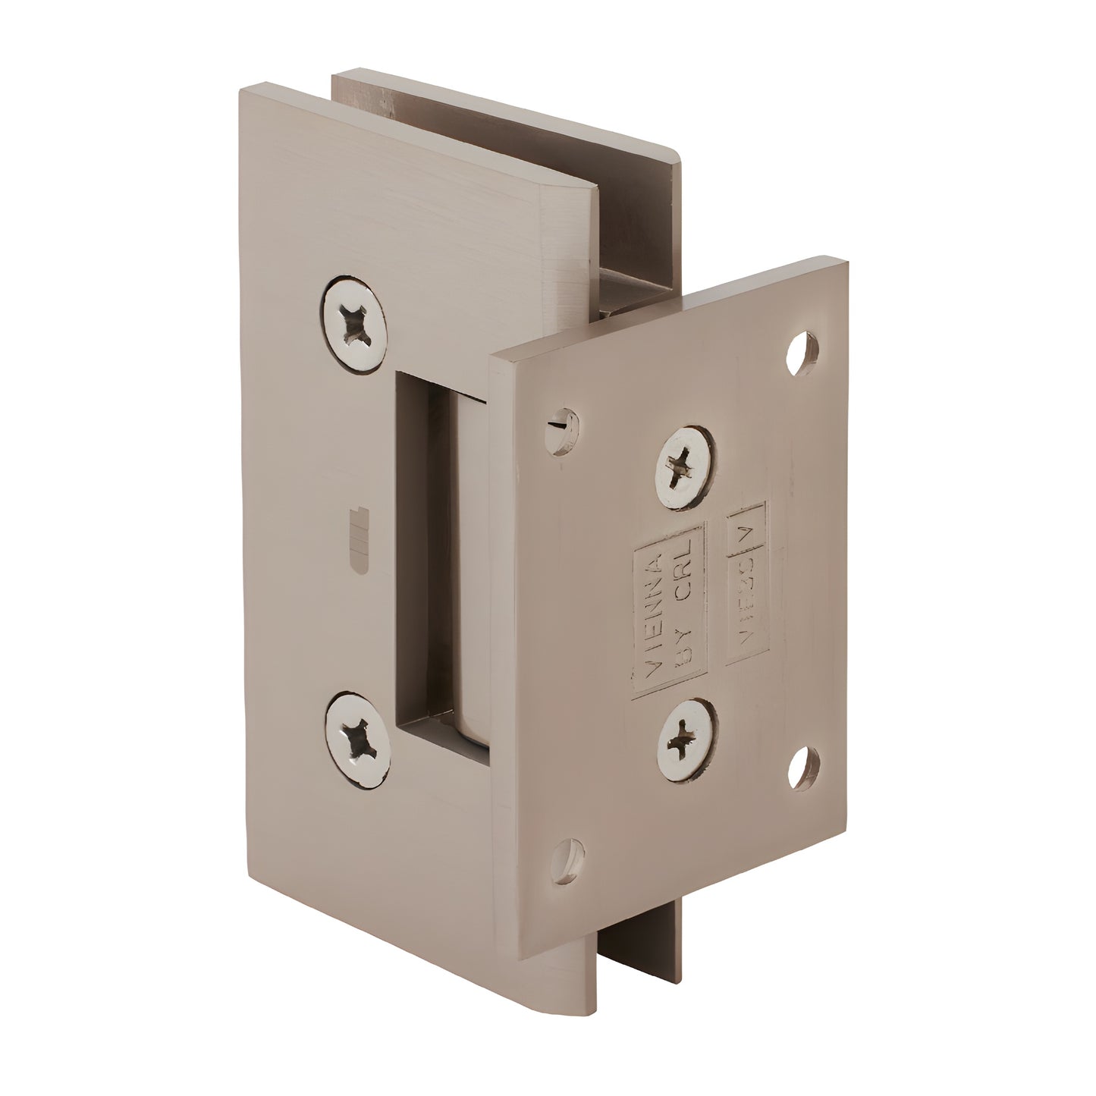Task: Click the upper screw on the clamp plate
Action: pyautogui.click(x=354, y=324)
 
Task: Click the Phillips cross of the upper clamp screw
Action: pyautogui.click(x=354, y=324)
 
